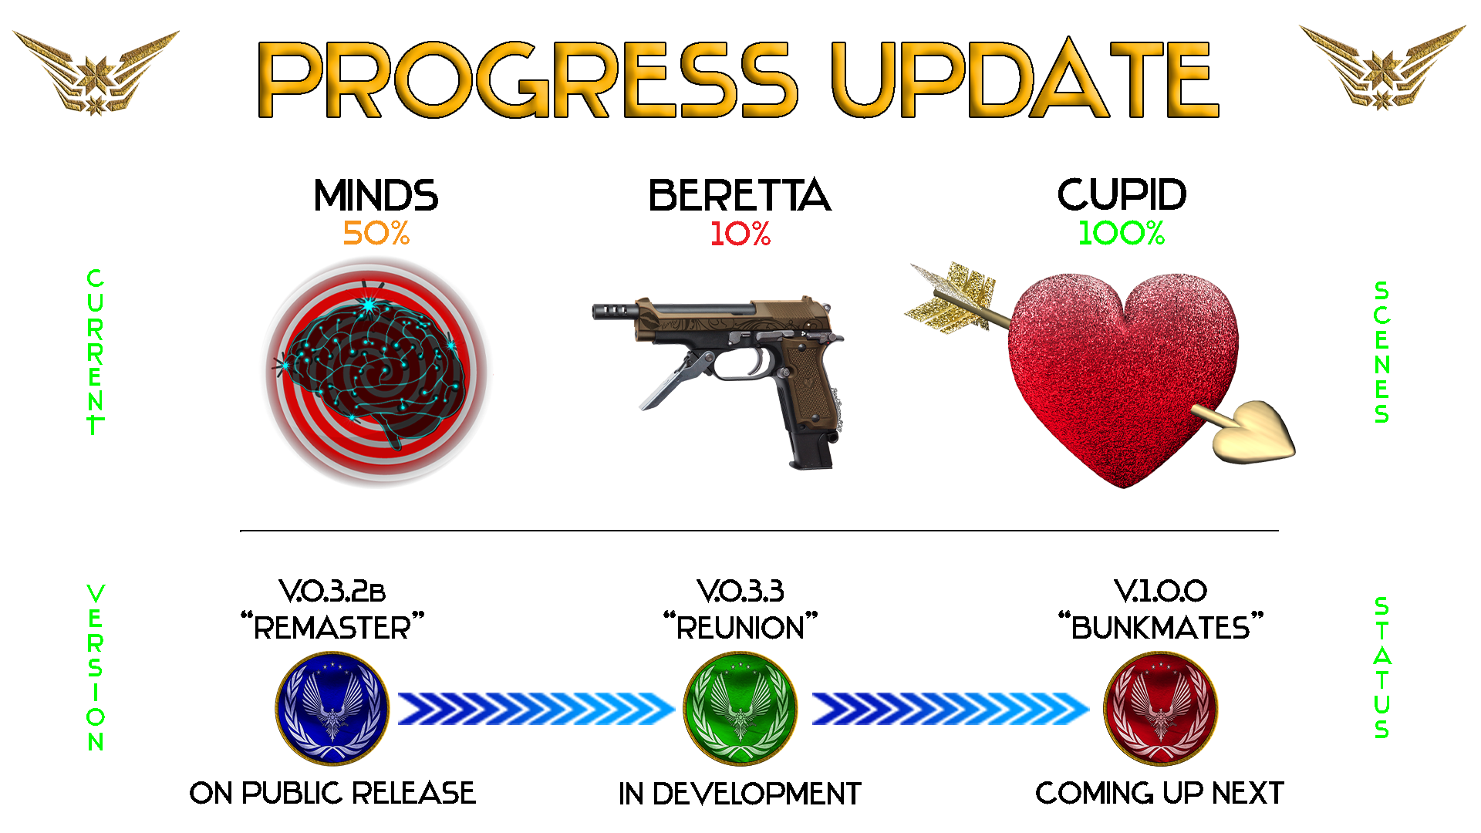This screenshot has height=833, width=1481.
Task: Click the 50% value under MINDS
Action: (376, 233)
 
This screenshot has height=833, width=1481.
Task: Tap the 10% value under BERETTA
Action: (740, 234)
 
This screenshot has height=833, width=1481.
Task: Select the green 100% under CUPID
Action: (1121, 233)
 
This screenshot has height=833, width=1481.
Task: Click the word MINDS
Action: (376, 195)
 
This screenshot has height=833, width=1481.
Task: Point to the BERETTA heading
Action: (740, 195)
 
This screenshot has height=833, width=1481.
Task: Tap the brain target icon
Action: (377, 372)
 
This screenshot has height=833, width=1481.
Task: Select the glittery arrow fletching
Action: (950, 297)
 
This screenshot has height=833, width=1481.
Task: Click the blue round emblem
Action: (332, 709)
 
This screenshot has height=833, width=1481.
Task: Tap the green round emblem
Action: (740, 709)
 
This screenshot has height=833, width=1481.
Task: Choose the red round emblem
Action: (1161, 709)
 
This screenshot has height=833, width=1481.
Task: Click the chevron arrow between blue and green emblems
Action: (536, 709)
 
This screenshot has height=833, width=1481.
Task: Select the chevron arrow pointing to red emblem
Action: (950, 709)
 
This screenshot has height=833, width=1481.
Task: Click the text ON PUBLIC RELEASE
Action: (332, 793)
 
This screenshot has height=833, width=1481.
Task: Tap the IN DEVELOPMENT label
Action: (740, 794)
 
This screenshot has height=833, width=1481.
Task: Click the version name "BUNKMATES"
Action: (1161, 628)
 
